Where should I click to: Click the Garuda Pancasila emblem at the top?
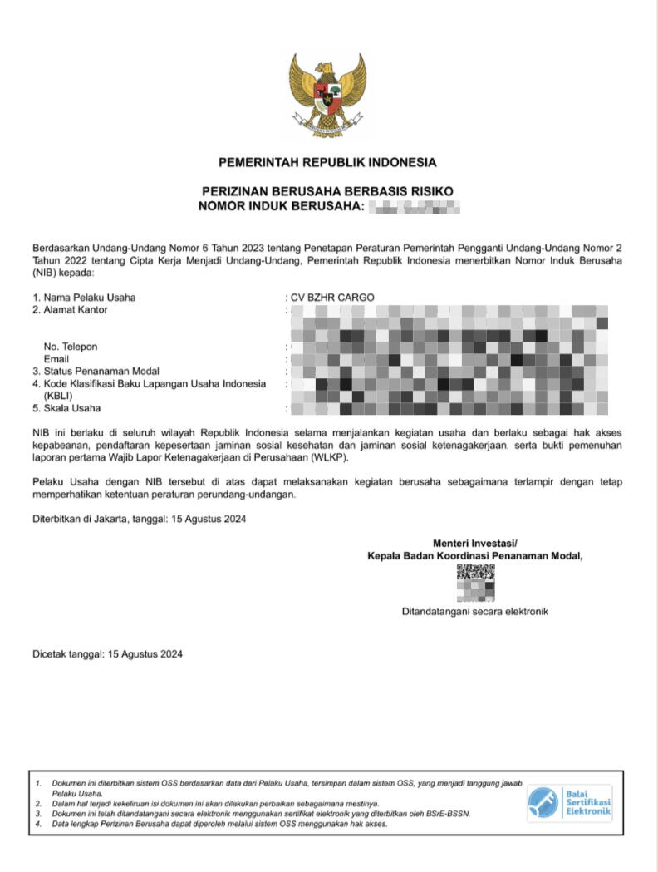coord(327,95)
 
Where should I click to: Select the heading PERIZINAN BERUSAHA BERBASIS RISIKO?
coord(327,191)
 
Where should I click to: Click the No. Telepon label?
coord(71,347)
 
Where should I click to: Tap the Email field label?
coord(56,358)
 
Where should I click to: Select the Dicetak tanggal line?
coord(107,654)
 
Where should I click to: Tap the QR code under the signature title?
coord(475,583)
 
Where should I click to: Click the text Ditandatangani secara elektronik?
coord(474,612)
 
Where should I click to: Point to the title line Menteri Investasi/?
coord(474,544)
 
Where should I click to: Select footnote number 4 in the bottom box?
coord(39,825)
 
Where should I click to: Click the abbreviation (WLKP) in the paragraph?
coord(329,458)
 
